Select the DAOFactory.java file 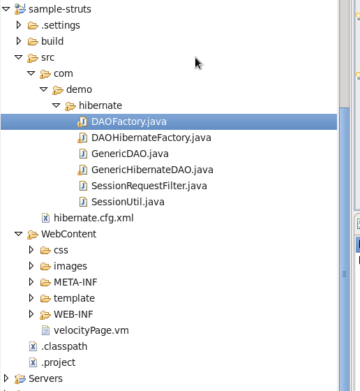[x=129, y=121]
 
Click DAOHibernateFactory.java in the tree [x=151, y=138]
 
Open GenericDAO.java [x=130, y=154]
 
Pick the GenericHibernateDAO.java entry [x=152, y=170]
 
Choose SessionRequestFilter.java [x=149, y=186]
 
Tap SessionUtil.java [x=128, y=202]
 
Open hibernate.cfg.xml [x=93, y=218]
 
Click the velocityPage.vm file [x=91, y=330]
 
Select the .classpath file [x=64, y=346]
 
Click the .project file [x=59, y=362]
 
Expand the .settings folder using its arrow [x=18, y=25]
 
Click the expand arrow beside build [x=18, y=41]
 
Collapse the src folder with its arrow [x=18, y=57]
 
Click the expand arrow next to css [x=31, y=250]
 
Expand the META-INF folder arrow [x=31, y=282]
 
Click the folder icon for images [x=45, y=267]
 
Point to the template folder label [x=74, y=298]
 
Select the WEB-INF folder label [x=73, y=314]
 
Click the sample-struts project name [x=60, y=9]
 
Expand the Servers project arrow [x=6, y=378]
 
